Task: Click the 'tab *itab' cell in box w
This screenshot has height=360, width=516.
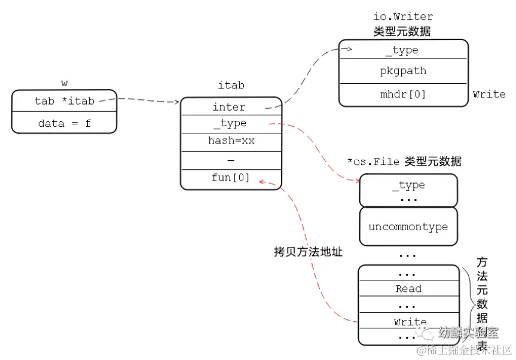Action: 64,101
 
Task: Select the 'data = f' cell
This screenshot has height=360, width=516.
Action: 64,124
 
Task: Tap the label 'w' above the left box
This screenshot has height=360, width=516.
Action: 65,83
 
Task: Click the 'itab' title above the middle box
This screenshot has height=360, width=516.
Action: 231,86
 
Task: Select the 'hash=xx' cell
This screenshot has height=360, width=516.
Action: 230,141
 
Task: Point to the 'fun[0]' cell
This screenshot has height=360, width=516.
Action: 230,178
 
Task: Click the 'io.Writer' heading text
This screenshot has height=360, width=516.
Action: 403,17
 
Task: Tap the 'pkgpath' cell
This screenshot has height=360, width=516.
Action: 403,71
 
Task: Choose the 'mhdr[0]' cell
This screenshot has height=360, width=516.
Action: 403,94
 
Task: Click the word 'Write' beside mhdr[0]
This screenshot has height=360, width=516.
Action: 488,94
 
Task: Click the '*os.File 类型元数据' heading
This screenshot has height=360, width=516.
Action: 404,162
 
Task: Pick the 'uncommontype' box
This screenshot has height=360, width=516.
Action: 408,227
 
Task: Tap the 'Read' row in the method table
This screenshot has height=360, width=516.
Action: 408,289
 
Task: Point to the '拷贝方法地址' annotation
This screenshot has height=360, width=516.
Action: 308,252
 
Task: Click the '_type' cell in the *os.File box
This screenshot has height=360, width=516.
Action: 408,185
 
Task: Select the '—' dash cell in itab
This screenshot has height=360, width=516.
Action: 231,161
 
